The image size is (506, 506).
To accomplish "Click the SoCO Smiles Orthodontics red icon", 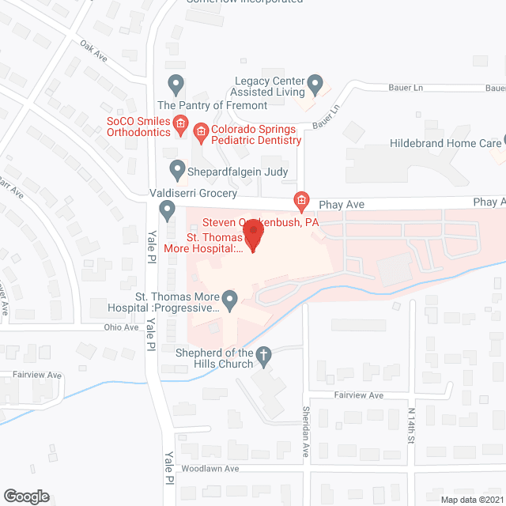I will pyautogui.click(x=180, y=123).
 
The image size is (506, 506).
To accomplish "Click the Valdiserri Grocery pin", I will pyautogui.click(x=167, y=210).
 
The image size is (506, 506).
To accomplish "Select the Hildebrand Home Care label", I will pyautogui.click(x=446, y=143).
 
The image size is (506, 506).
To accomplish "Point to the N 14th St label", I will pyautogui.click(x=411, y=425).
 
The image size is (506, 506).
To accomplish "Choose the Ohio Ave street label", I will pyautogui.click(x=121, y=327).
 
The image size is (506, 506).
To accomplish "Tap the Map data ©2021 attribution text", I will pyautogui.click(x=472, y=499).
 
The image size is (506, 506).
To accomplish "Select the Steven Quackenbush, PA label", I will pyautogui.click(x=261, y=223).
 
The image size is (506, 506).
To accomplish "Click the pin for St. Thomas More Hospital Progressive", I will pyautogui.click(x=230, y=298).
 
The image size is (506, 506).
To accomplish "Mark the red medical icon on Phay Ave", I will pyautogui.click(x=300, y=202).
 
